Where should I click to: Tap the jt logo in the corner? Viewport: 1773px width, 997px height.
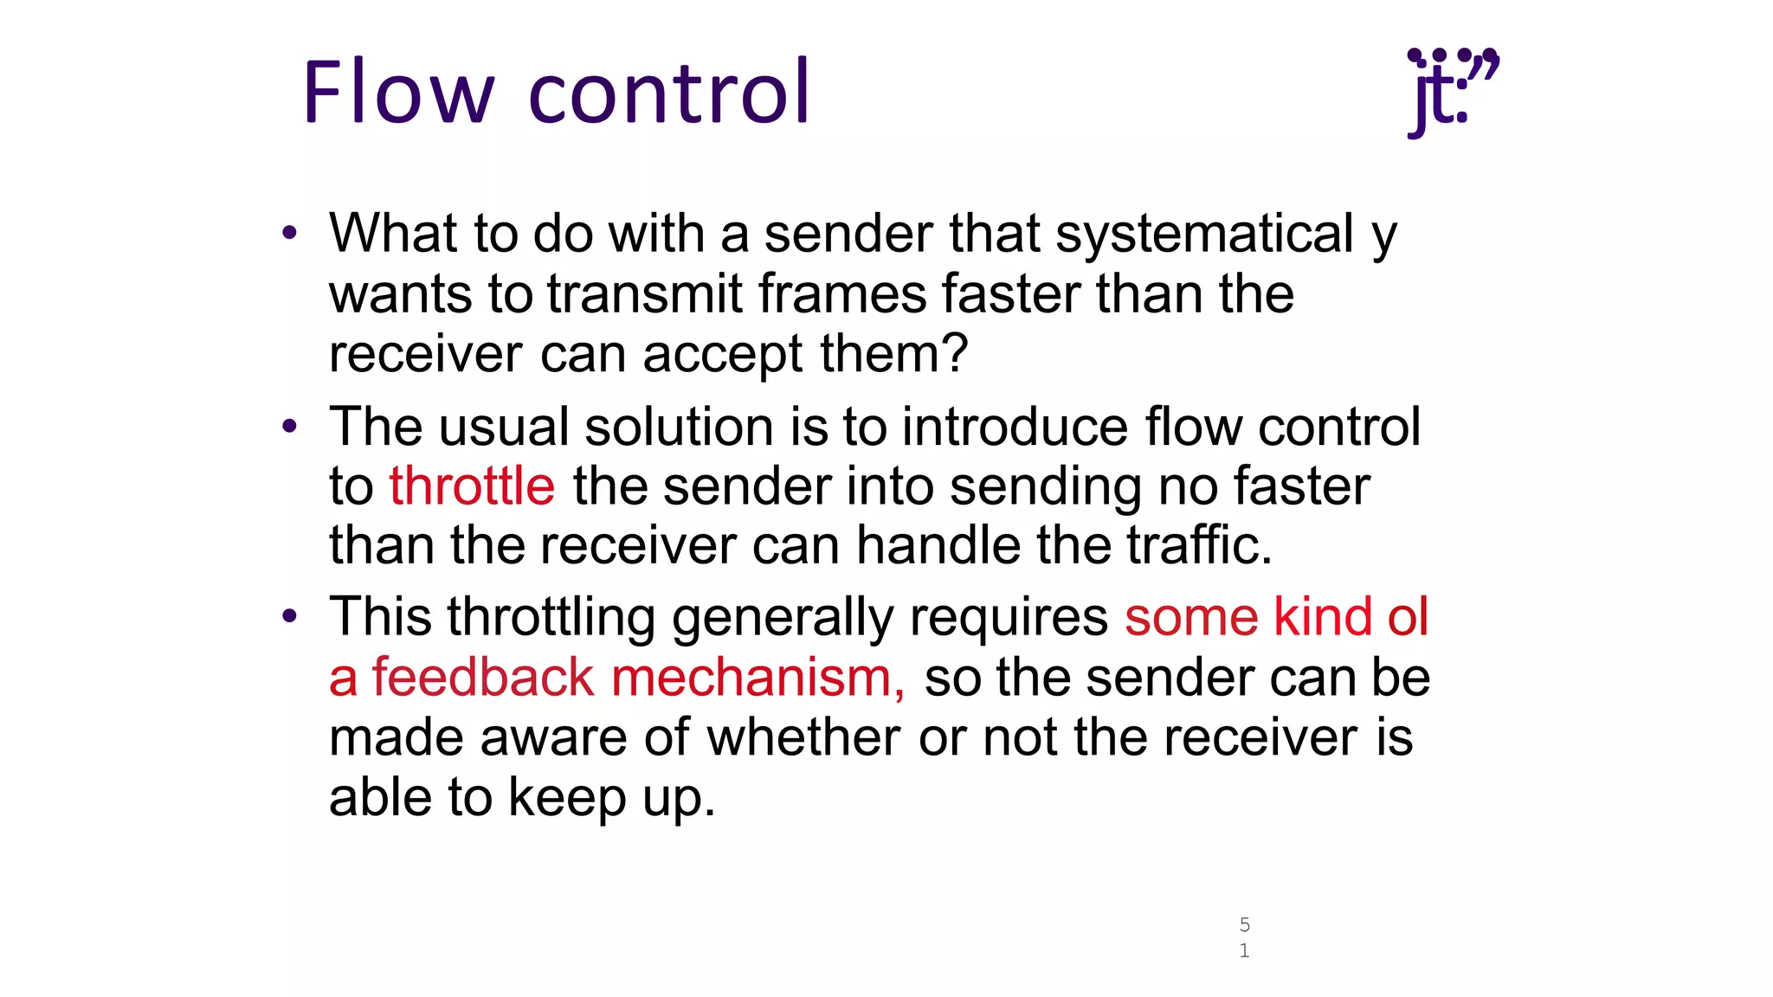click(1452, 92)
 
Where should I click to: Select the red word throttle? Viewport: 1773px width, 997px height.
click(472, 486)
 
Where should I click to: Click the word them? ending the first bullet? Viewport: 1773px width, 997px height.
click(894, 354)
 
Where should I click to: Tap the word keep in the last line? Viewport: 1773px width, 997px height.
click(567, 797)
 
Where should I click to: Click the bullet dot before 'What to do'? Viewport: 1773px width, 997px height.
click(290, 233)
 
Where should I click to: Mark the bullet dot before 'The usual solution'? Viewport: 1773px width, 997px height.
click(290, 426)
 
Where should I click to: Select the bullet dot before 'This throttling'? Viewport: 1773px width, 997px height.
click(290, 616)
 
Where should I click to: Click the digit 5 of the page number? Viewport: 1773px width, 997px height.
click(1244, 924)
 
